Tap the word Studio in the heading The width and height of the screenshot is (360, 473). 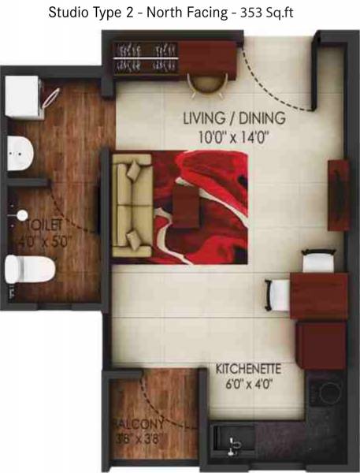[69, 13]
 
